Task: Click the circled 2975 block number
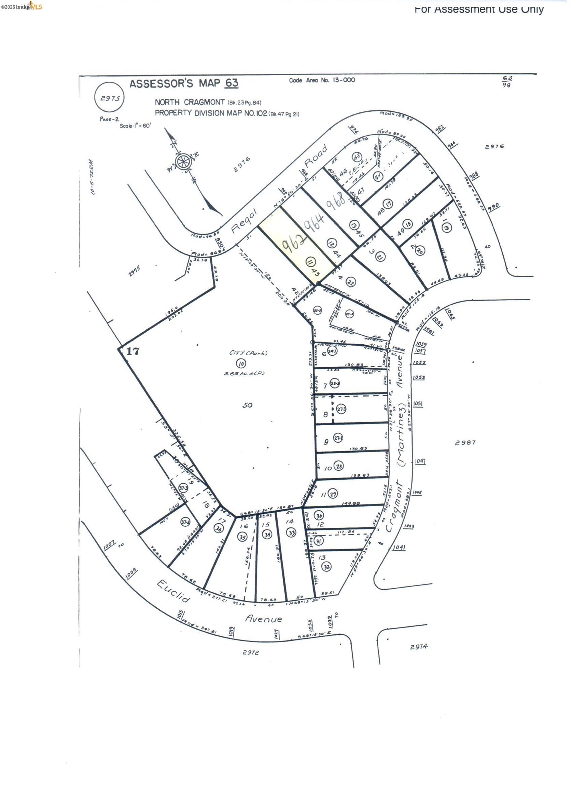[110, 98]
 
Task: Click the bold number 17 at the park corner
[132, 351]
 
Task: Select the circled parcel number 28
[339, 466]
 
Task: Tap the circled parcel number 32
[326, 567]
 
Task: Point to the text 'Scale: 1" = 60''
[136, 126]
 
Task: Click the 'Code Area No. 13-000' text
[322, 80]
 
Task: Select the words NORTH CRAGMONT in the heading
[190, 102]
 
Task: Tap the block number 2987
[465, 442]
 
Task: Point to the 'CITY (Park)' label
[248, 353]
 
